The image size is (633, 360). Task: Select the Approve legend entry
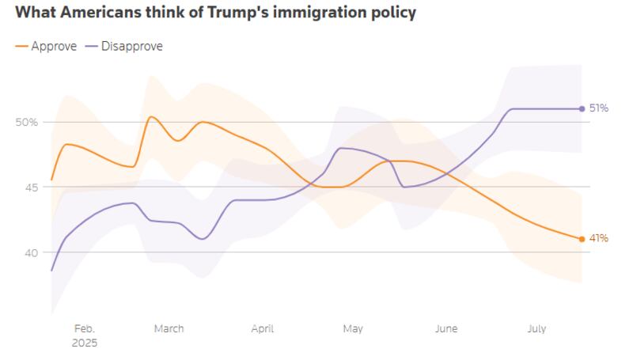[x=53, y=46]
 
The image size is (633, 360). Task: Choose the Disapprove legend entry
[x=131, y=46]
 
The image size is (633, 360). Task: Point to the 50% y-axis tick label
[x=27, y=122]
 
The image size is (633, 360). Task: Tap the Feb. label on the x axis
[x=84, y=328]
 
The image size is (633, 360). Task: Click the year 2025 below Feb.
[x=84, y=343]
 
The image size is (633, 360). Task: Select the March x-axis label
[x=169, y=328]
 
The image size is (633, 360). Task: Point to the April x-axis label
[x=262, y=328]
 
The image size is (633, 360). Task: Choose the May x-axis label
[x=352, y=328]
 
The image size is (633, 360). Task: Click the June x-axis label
[x=445, y=328]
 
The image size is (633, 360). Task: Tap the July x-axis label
[x=536, y=328]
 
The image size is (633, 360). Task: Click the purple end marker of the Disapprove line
[x=582, y=108]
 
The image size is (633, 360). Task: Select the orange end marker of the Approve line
[x=582, y=239]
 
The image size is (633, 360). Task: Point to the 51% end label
[x=599, y=108]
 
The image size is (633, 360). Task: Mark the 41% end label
[x=599, y=239]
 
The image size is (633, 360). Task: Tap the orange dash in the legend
[x=21, y=46]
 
